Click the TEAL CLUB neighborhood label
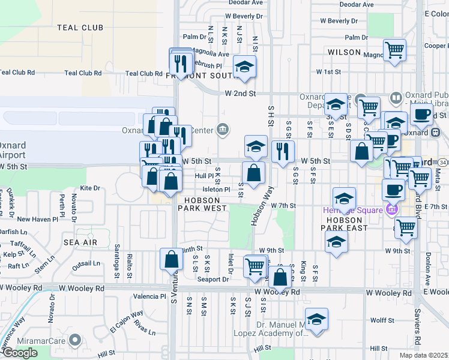pyautogui.click(x=80, y=28)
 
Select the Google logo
pyautogui.click(x=20, y=353)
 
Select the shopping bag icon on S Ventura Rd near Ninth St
pyautogui.click(x=171, y=259)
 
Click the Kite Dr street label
pyautogui.click(x=89, y=188)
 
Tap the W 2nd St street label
pyautogui.click(x=240, y=94)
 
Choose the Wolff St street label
pyautogui.click(x=382, y=320)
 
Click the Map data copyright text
pyautogui.click(x=423, y=355)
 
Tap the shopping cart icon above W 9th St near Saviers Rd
pyautogui.click(x=406, y=227)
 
